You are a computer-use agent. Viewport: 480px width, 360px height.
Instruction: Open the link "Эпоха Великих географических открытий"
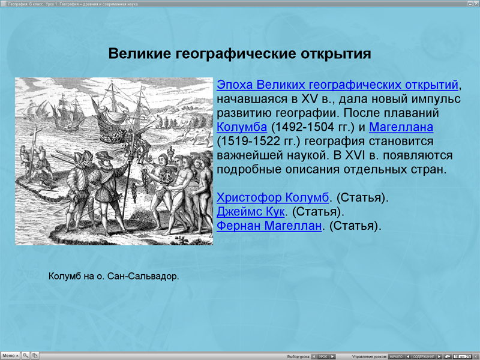click(x=338, y=85)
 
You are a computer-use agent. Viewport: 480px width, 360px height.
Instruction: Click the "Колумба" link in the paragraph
click(x=242, y=127)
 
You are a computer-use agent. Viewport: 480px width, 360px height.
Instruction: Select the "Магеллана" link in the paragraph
click(x=401, y=127)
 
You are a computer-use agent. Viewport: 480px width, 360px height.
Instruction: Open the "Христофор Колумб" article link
click(x=273, y=197)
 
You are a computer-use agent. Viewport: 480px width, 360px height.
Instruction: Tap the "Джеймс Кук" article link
click(x=251, y=212)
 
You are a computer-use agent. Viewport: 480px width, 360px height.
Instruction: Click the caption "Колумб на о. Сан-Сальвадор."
click(x=113, y=277)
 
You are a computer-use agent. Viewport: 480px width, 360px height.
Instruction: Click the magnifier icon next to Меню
click(x=26, y=356)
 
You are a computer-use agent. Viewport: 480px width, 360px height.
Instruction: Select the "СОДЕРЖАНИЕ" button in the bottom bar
click(x=424, y=356)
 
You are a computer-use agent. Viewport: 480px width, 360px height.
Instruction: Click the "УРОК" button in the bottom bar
click(x=323, y=356)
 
